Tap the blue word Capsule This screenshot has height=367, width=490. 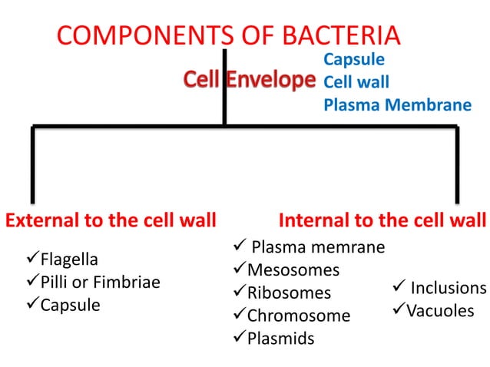pyautogui.click(x=354, y=59)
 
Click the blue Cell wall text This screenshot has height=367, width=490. pyautogui.click(x=356, y=81)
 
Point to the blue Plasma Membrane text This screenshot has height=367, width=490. pyautogui.click(x=397, y=104)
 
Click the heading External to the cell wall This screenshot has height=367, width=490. pyautogui.click(x=111, y=221)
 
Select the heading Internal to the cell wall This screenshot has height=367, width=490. pyautogui.click(x=382, y=221)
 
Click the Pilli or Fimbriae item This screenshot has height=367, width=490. pyautogui.click(x=100, y=282)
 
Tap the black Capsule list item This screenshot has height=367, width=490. pyautogui.click(x=70, y=306)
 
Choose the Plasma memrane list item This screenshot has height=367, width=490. pyautogui.click(x=317, y=247)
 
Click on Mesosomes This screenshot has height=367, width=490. pyautogui.click(x=293, y=270)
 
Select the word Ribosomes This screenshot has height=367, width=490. pyautogui.click(x=289, y=293)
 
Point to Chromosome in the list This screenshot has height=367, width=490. pyautogui.click(x=298, y=316)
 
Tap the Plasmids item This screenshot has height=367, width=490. pyautogui.click(x=280, y=339)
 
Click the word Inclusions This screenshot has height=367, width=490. pyautogui.click(x=448, y=288)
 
